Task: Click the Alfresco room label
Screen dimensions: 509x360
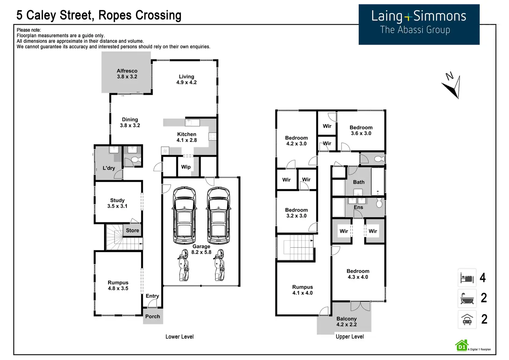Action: [127, 71]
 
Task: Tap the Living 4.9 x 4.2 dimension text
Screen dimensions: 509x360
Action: [187, 83]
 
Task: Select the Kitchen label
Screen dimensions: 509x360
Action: [187, 134]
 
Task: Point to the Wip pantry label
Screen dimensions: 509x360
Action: [186, 167]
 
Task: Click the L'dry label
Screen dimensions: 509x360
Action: [109, 168]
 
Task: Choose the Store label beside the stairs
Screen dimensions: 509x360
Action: [132, 230]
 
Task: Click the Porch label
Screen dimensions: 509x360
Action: [153, 316]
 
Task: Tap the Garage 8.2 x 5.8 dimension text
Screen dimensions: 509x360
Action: [201, 252]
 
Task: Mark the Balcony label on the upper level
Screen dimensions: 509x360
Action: [346, 319]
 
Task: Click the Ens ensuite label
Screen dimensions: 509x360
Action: [358, 207]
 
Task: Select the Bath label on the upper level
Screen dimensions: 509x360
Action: [359, 182]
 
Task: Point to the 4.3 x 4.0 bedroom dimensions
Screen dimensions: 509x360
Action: [358, 277]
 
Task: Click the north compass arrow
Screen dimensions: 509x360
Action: [453, 87]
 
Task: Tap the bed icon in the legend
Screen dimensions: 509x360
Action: [467, 278]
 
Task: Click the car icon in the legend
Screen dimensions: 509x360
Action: [467, 320]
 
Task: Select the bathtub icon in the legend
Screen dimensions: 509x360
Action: [467, 298]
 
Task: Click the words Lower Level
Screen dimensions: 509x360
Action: [179, 337]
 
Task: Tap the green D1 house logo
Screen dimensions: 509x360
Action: [462, 346]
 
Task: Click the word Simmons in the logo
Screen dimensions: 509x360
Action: [440, 16]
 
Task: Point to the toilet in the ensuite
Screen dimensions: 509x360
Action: [379, 203]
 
